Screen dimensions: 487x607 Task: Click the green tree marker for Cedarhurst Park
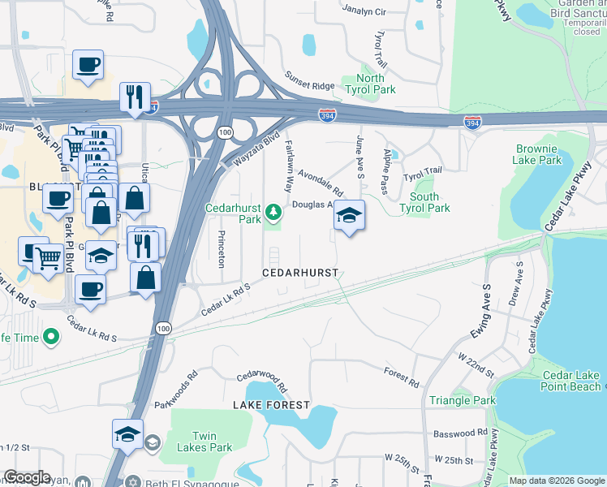275,213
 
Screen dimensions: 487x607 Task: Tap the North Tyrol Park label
370,84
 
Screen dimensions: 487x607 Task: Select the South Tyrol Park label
424,202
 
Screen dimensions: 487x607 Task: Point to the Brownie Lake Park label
536,154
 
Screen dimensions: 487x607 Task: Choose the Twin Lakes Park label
212,442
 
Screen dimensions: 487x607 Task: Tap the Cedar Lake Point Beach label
571,381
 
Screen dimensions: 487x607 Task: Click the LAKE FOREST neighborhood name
271,404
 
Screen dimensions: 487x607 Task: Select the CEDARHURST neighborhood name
299,273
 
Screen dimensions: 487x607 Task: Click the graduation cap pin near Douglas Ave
349,215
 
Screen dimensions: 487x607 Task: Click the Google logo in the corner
28,478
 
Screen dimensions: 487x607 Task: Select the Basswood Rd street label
460,433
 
